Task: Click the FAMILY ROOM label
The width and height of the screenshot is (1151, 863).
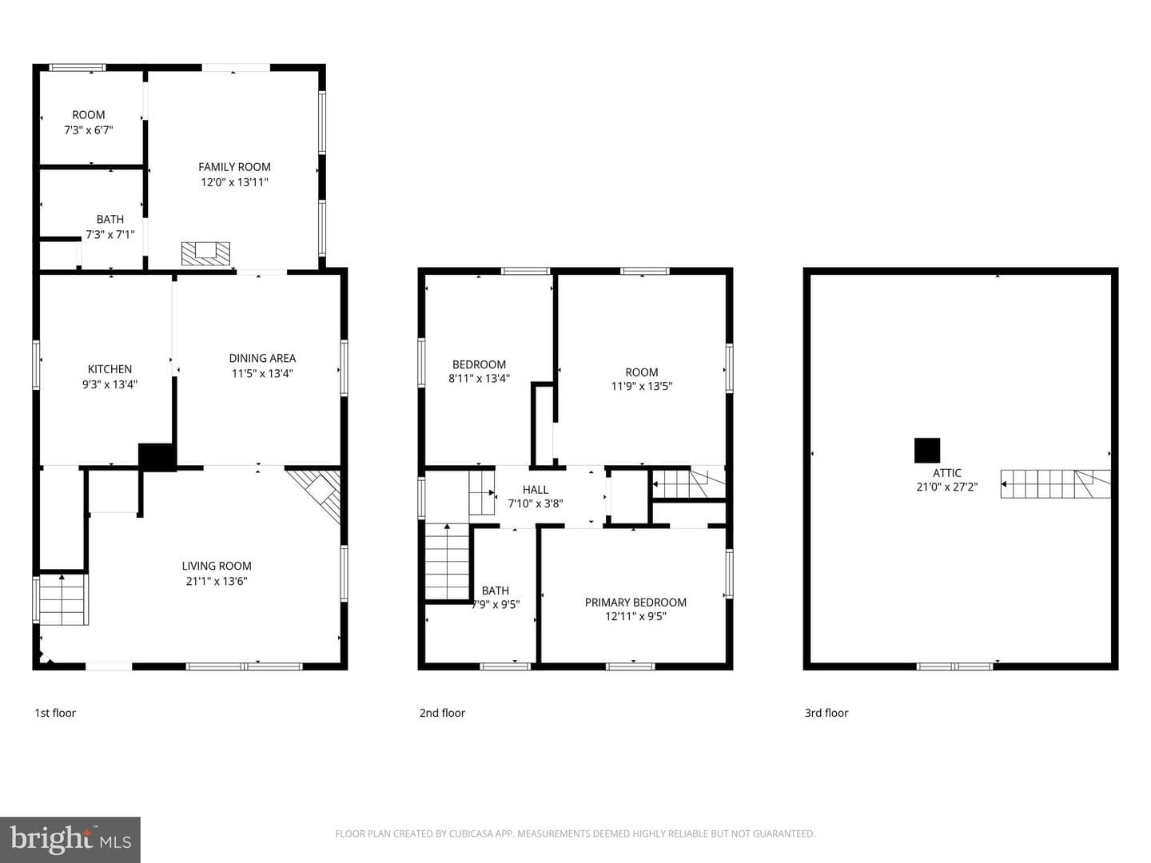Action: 234,167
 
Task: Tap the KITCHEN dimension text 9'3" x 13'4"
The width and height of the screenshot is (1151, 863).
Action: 110,384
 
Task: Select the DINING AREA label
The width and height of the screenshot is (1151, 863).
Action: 262,359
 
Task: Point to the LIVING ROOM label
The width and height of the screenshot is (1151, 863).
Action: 217,566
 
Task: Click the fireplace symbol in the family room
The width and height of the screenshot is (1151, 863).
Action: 205,253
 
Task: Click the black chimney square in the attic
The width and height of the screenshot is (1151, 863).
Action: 927,451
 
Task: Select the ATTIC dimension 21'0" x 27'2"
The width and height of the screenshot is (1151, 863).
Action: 947,487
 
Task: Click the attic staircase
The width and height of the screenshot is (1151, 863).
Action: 1056,483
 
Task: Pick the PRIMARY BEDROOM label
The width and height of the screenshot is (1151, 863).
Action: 635,603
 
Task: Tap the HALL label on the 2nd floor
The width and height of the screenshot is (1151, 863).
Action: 536,490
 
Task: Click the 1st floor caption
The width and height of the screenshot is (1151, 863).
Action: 55,713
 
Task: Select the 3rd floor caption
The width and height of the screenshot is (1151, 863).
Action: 826,713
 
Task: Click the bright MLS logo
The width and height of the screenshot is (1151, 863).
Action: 70,839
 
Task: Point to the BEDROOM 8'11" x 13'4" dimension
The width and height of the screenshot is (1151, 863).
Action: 479,378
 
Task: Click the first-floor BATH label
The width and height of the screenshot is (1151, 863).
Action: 110,219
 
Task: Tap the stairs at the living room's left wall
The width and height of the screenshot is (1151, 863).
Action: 63,599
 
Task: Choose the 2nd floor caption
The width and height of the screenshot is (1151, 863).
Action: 442,713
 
